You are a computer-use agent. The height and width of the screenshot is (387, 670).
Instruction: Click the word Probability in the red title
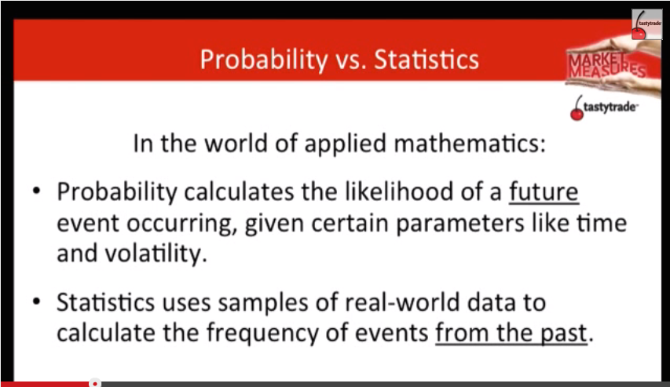click(x=264, y=60)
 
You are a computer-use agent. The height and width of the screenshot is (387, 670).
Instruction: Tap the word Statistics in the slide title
click(x=427, y=60)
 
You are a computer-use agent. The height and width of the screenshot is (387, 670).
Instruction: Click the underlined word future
click(x=544, y=192)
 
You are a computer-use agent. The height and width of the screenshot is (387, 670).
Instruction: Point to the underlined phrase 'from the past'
click(x=511, y=333)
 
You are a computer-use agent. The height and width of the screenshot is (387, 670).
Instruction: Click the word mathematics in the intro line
click(x=470, y=143)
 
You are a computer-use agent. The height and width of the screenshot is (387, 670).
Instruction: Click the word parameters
click(x=459, y=224)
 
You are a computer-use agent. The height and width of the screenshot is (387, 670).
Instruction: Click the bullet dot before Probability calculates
click(x=37, y=191)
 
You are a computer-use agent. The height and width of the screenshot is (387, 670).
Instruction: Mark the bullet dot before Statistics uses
click(x=37, y=301)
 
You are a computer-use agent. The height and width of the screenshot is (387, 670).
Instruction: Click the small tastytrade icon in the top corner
click(x=647, y=25)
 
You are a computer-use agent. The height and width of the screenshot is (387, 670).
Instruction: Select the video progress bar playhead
click(x=95, y=384)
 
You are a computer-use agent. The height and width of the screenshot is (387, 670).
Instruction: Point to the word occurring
click(x=182, y=224)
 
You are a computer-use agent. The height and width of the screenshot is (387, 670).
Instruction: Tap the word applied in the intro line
click(x=346, y=144)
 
